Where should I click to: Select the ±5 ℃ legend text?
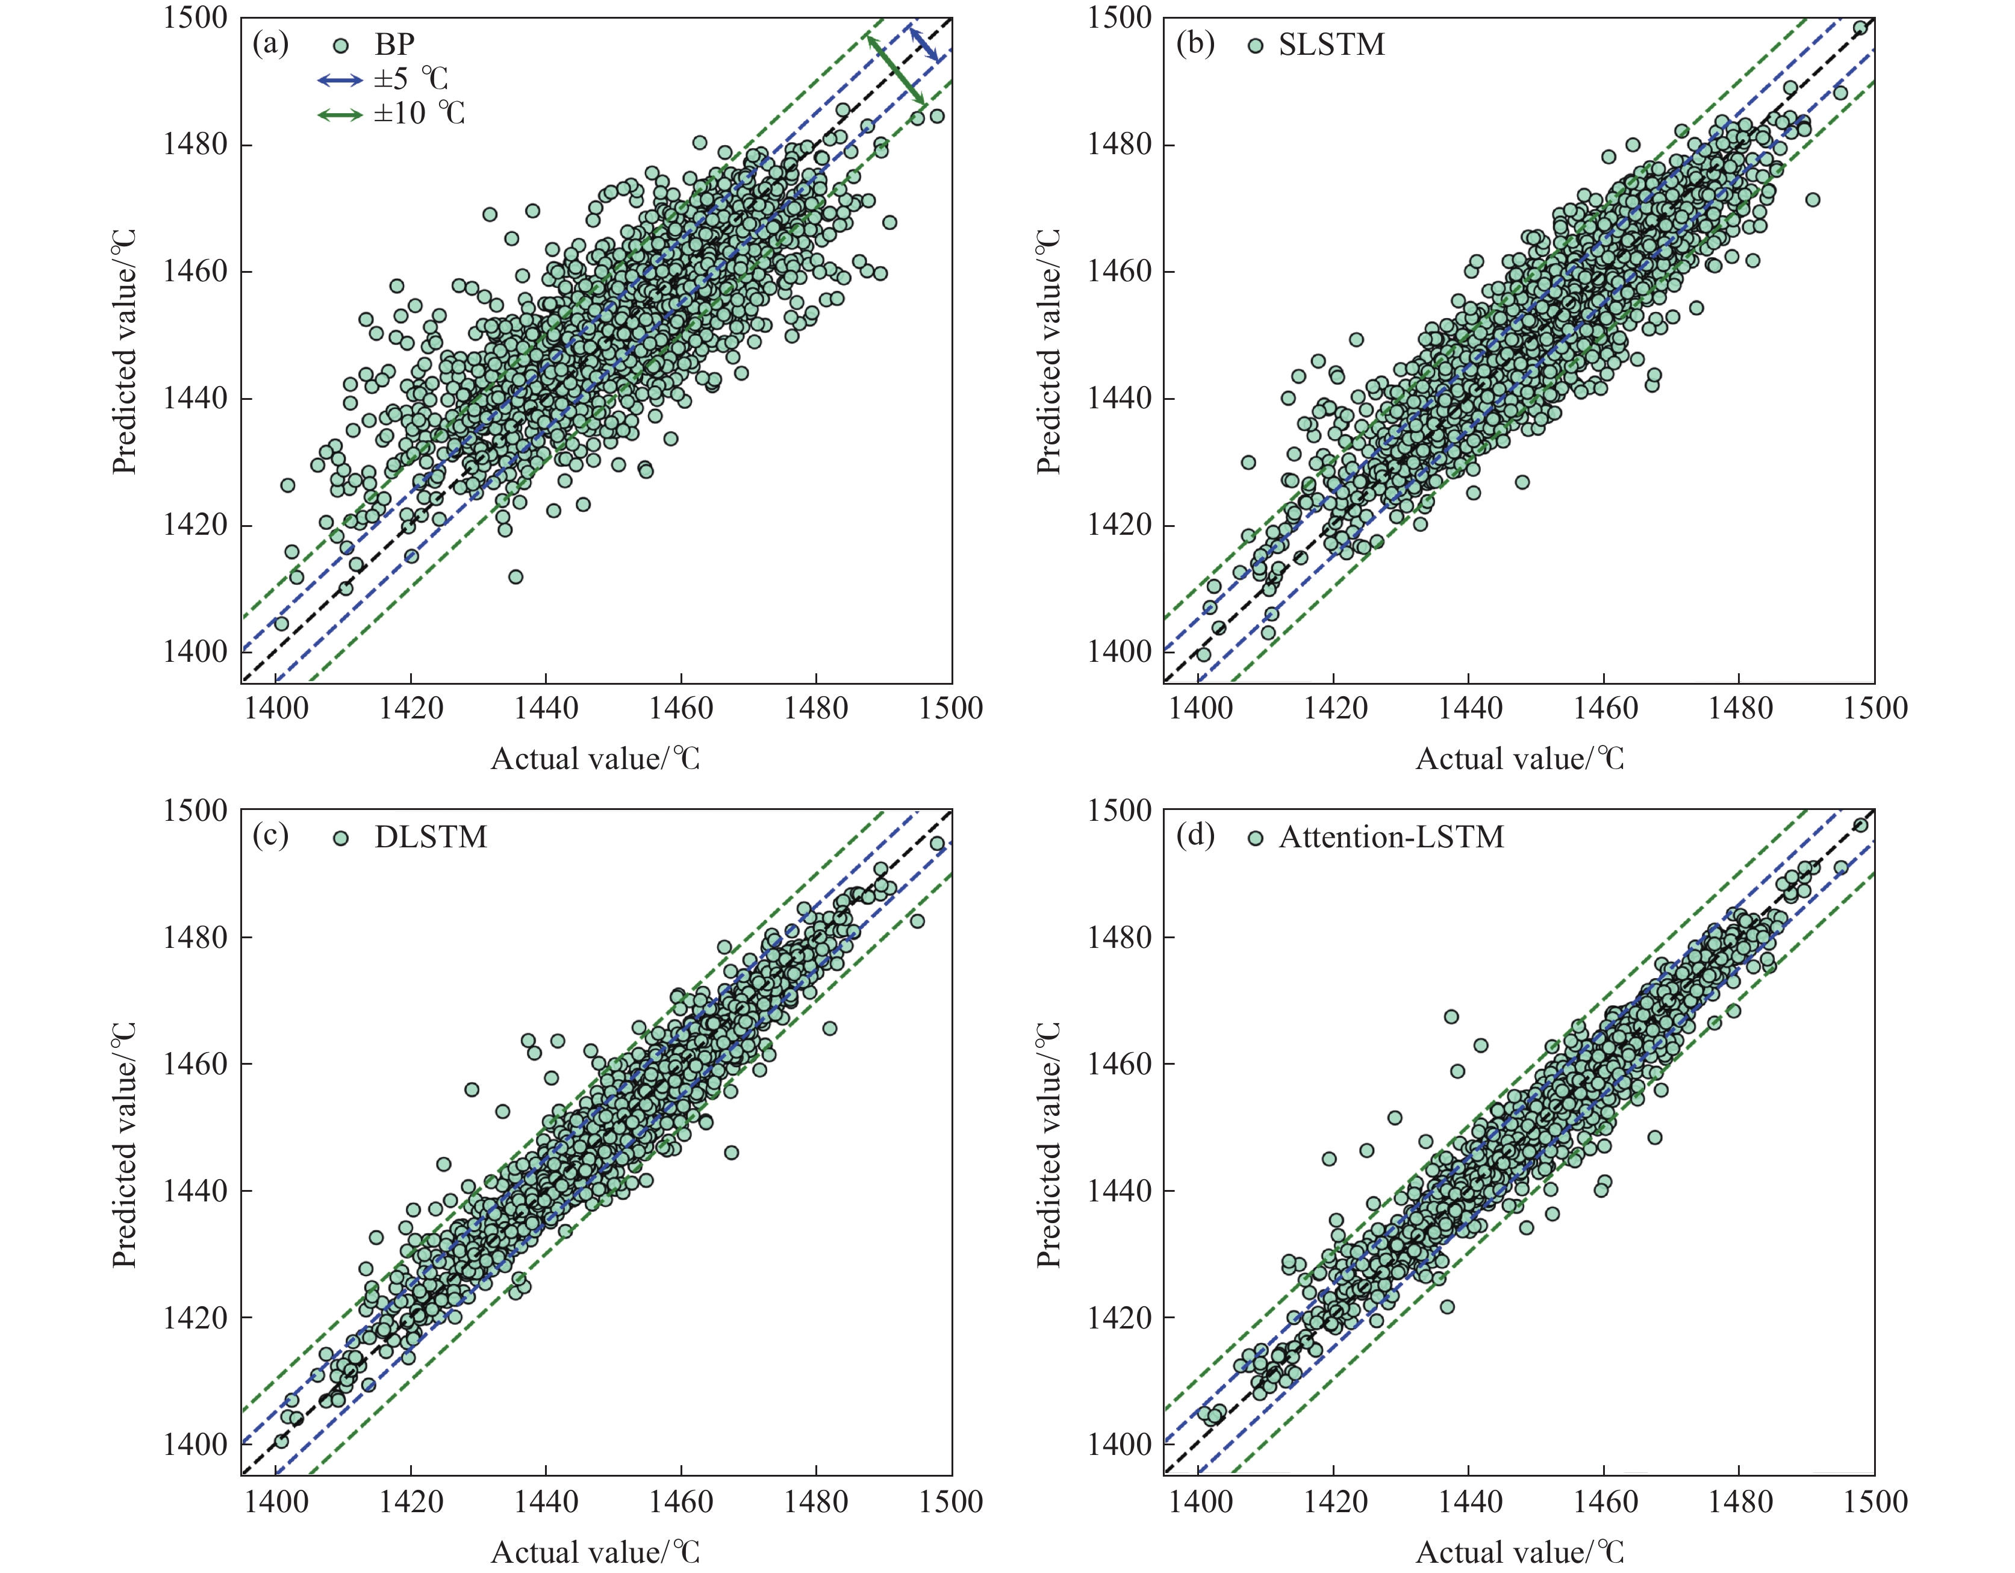[x=411, y=79]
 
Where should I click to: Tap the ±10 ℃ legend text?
[x=419, y=113]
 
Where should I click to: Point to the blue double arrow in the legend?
[x=340, y=80]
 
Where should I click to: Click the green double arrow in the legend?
[x=340, y=115]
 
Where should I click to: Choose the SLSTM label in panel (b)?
[x=1330, y=45]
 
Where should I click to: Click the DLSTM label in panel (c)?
[x=430, y=836]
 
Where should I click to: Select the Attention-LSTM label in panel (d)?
[x=1391, y=836]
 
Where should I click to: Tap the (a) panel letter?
[x=270, y=43]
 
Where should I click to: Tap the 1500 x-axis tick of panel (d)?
[x=1874, y=1502]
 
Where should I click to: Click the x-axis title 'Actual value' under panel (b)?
[x=1519, y=758]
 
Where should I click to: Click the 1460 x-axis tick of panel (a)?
[x=681, y=709]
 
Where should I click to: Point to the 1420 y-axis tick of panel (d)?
[x=1119, y=1318]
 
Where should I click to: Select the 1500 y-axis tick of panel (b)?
[x=1119, y=19]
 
